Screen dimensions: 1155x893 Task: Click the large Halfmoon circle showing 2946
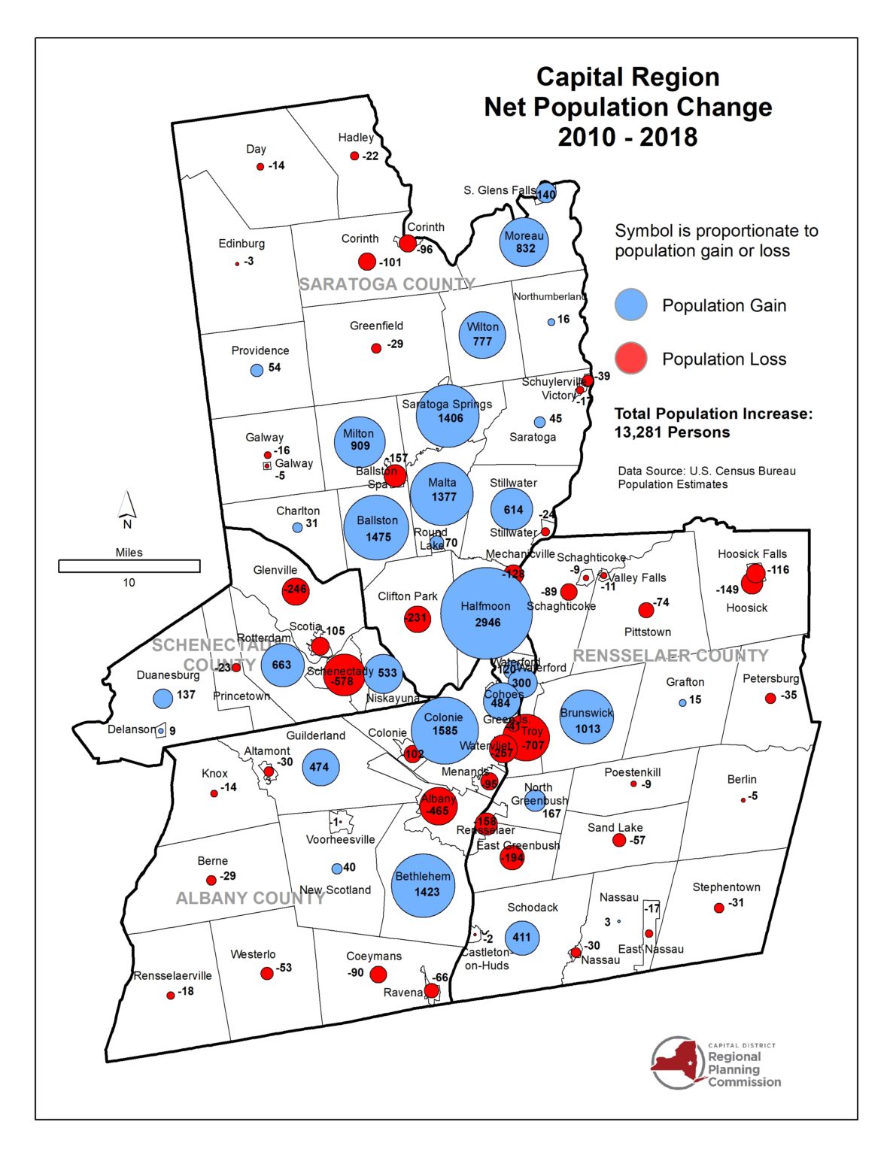486,613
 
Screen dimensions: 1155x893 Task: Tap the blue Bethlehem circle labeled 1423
423,884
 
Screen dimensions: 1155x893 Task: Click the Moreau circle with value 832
524,241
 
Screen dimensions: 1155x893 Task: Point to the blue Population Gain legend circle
630,305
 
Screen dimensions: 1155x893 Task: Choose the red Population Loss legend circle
630,358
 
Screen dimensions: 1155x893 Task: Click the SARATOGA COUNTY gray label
387,284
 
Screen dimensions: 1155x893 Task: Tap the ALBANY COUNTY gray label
250,898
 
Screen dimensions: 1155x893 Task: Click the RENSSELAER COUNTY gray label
670,655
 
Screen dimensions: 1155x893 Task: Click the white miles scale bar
129,566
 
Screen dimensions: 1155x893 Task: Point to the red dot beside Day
260,166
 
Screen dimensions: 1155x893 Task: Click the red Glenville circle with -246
295,590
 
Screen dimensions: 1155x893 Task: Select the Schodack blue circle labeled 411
521,937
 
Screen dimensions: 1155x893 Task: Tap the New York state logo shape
679,1062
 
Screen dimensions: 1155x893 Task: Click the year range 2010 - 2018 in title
627,138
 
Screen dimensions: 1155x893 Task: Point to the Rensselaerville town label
173,975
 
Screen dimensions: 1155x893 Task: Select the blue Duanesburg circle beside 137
163,698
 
